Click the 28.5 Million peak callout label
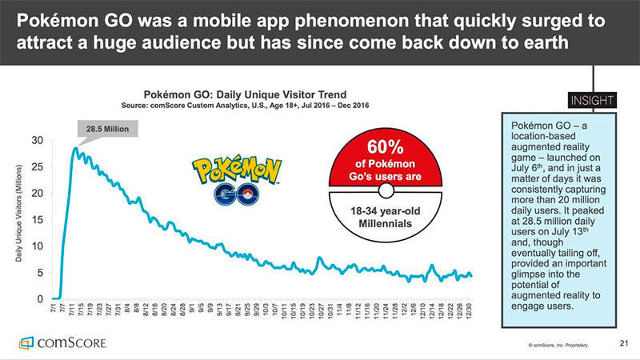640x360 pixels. tap(104, 128)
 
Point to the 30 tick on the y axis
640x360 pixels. tap(38, 141)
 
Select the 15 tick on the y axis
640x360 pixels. tap(38, 220)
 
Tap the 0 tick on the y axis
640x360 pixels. tap(40, 299)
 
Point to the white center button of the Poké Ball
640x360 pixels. tap(386, 190)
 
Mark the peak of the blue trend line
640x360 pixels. tap(74, 148)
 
